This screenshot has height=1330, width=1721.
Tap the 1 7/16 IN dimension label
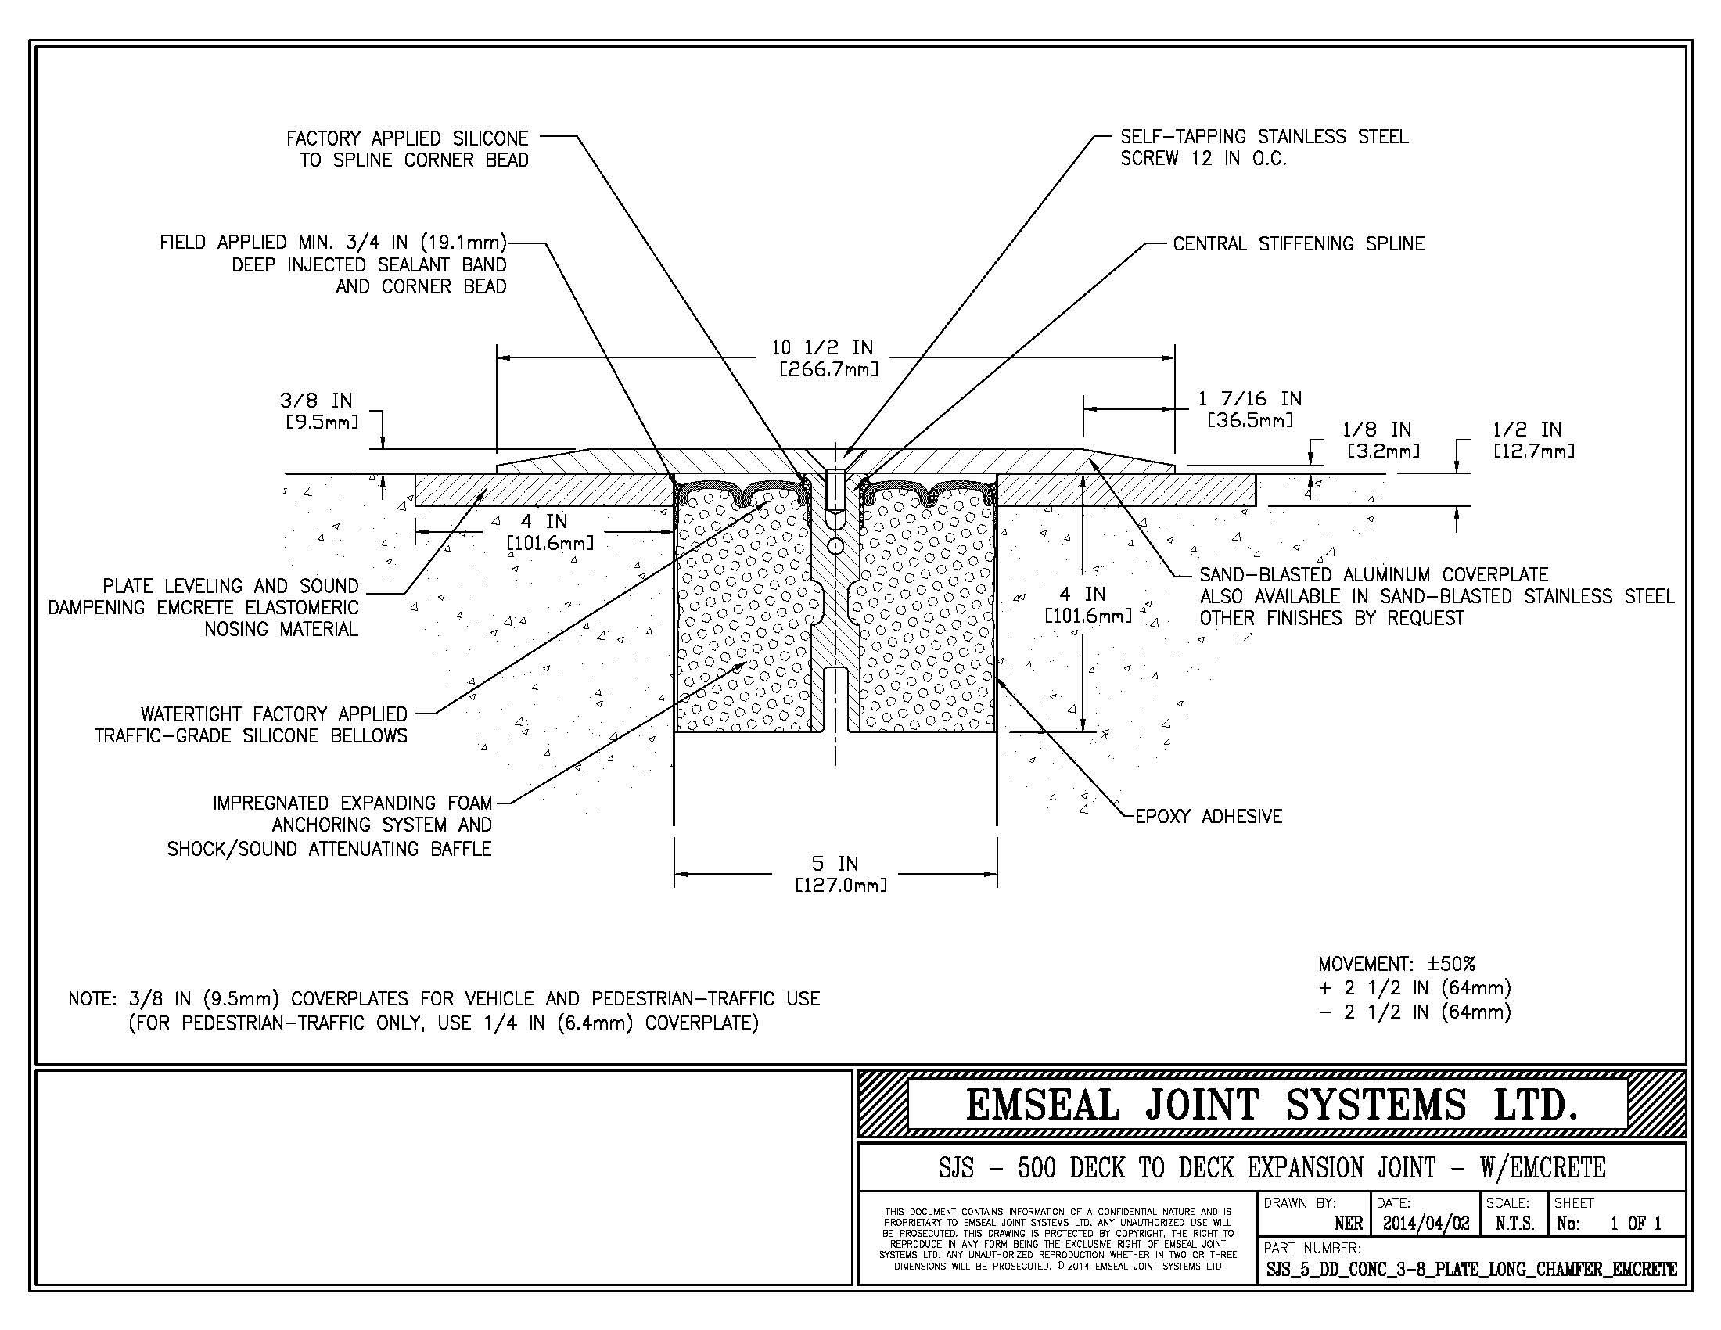click(x=1250, y=409)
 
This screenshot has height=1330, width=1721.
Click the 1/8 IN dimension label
click(x=1381, y=440)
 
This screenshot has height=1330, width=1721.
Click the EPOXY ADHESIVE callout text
click(x=1208, y=816)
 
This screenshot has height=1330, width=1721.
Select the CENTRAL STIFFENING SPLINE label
click(x=1298, y=244)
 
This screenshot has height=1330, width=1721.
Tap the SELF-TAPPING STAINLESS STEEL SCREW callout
click(x=1263, y=147)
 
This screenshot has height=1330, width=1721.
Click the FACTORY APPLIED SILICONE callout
click(x=408, y=149)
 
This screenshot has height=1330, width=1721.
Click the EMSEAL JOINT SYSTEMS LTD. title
click(x=1270, y=1104)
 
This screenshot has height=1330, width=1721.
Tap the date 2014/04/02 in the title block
click(x=1425, y=1224)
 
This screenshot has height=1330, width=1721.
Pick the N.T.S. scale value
click(x=1514, y=1224)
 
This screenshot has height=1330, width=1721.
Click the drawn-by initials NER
click(x=1349, y=1224)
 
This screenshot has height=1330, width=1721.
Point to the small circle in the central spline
click(x=835, y=546)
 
